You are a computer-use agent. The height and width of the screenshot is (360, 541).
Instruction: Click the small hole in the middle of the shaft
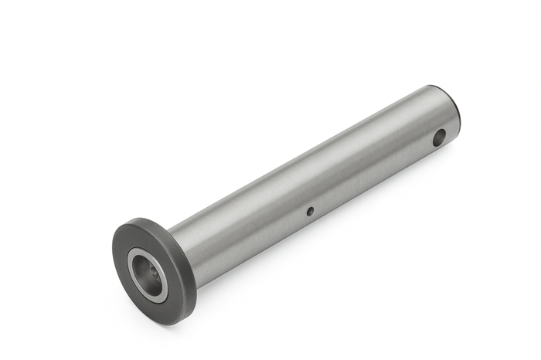tap(310, 211)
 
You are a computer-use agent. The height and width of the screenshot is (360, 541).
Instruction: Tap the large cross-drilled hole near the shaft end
tap(438, 138)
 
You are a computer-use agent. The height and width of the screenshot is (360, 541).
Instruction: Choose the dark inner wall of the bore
tap(143, 267)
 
